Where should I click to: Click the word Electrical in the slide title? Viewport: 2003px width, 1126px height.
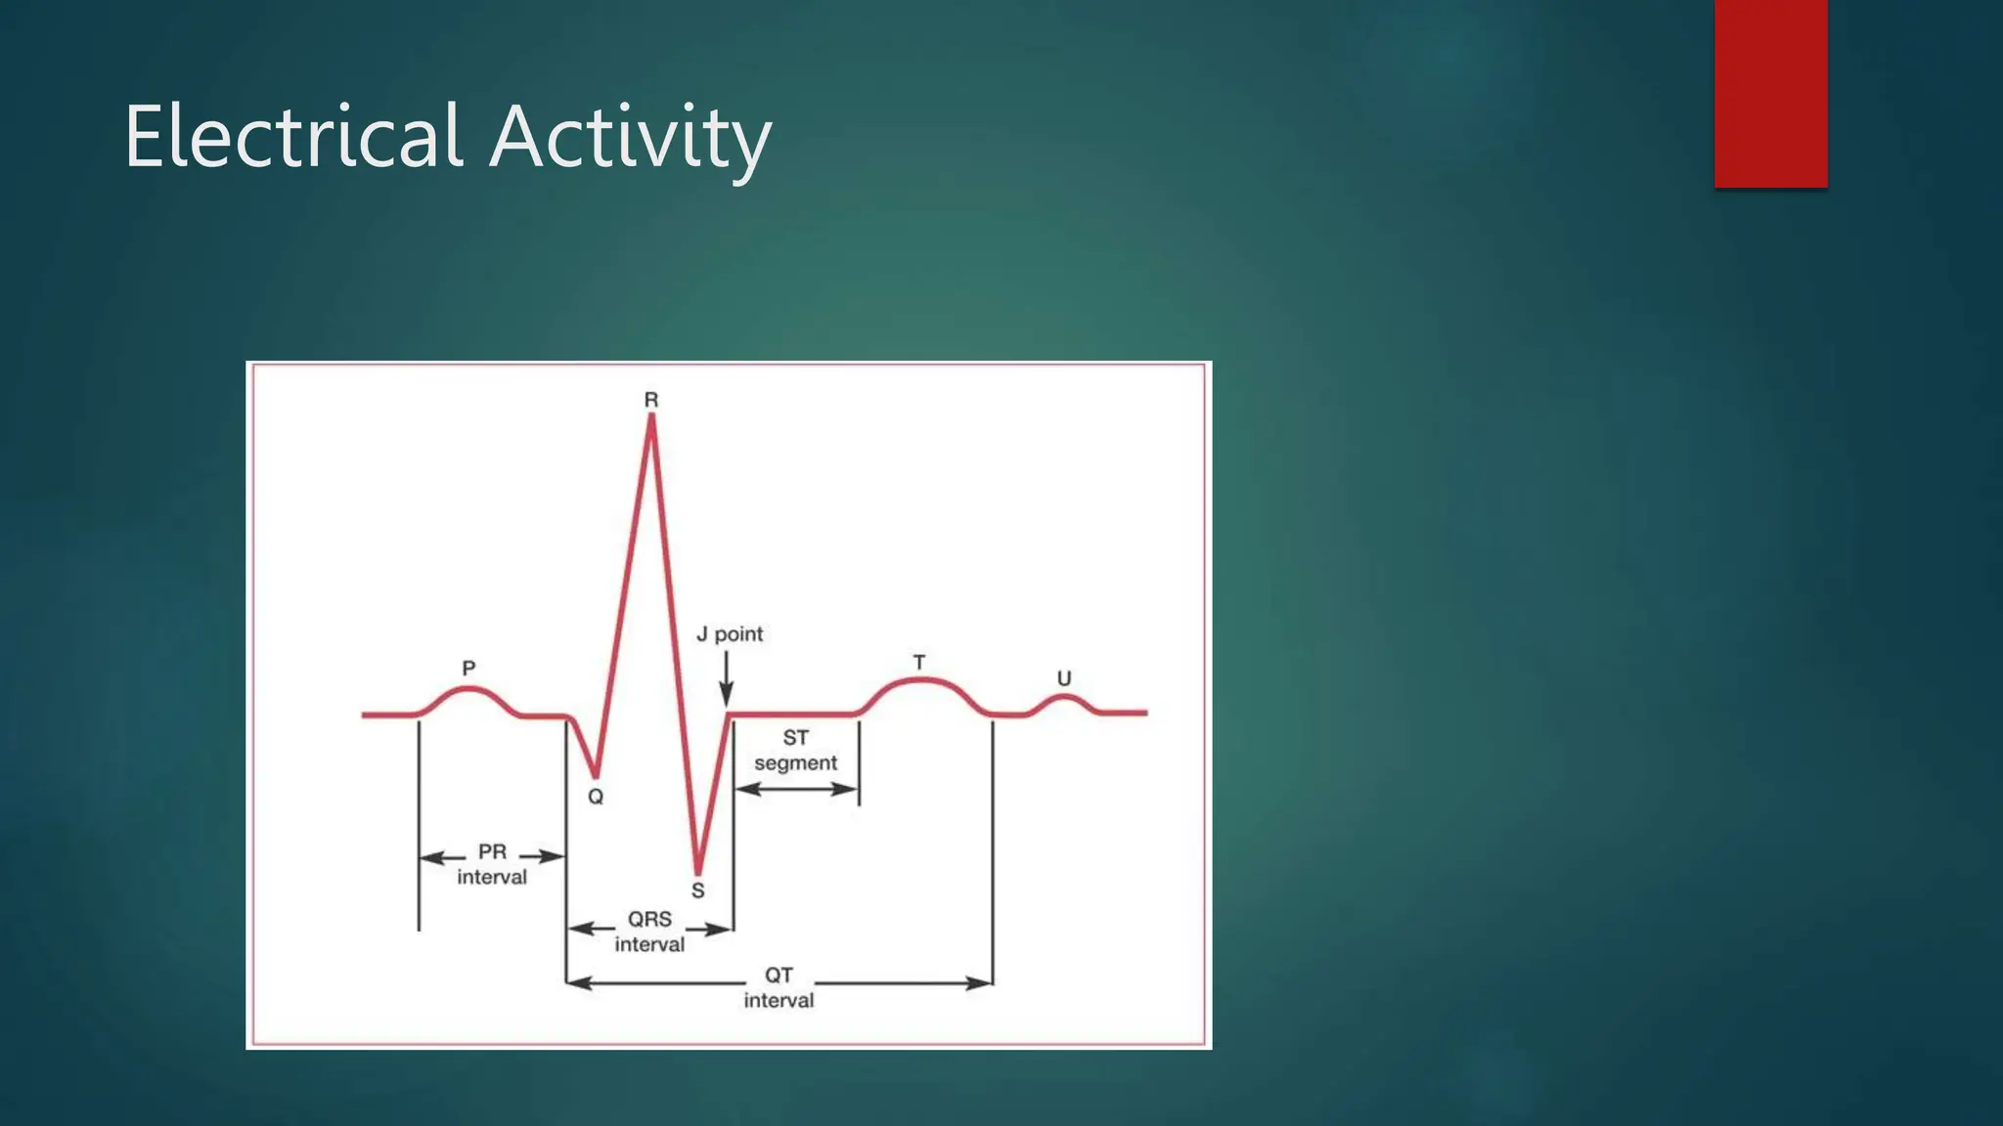pyautogui.click(x=292, y=137)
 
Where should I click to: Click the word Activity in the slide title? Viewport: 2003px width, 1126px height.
pyautogui.click(x=631, y=139)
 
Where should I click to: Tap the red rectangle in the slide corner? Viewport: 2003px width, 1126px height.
pyautogui.click(x=1770, y=93)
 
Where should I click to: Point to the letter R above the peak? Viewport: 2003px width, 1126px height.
pyautogui.click(x=651, y=400)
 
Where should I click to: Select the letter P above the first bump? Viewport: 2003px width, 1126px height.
pyautogui.click(x=468, y=669)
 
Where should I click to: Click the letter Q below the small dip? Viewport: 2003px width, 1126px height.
pyautogui.click(x=596, y=797)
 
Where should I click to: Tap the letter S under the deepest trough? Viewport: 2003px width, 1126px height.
pyautogui.click(x=697, y=890)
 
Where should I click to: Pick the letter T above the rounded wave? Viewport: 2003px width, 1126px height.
pyautogui.click(x=919, y=663)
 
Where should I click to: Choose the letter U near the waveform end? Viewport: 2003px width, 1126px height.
pyautogui.click(x=1064, y=678)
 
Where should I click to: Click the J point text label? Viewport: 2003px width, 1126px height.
pyautogui.click(x=730, y=634)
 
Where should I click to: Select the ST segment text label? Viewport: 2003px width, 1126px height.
pyautogui.click(x=795, y=751)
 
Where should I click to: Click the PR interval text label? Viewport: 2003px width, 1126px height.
pyautogui.click(x=492, y=864)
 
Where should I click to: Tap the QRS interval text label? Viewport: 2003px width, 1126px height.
pyautogui.click(x=649, y=931)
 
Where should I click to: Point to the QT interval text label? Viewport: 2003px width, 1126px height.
pyautogui.click(x=779, y=987)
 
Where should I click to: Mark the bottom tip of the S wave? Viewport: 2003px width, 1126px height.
pyautogui.click(x=697, y=871)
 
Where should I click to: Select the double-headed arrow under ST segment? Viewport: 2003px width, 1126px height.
pyautogui.click(x=796, y=789)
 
